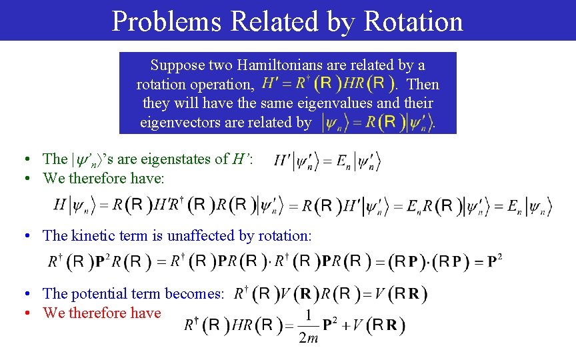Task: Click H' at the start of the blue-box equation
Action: pyautogui.click(x=271, y=85)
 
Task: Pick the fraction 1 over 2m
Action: pyautogui.click(x=309, y=326)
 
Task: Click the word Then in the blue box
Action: pyautogui.click(x=423, y=85)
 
